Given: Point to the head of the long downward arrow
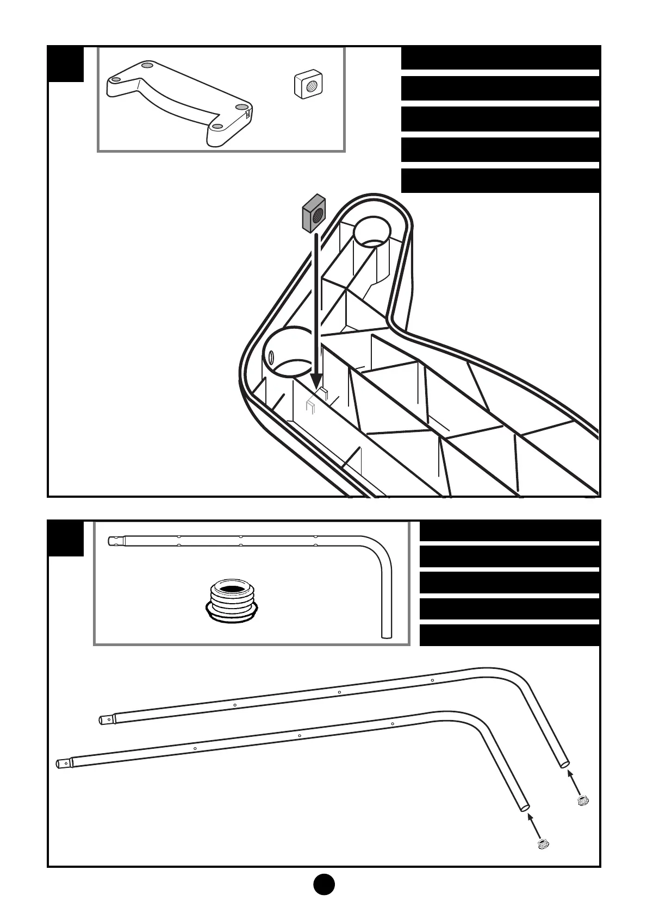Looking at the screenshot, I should click(x=316, y=381).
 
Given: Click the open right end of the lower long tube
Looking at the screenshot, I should click(x=525, y=808).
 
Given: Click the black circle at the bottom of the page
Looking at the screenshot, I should click(x=323, y=885).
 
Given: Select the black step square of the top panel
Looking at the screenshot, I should click(x=66, y=64).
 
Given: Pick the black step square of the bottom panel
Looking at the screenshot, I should click(x=66, y=539).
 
